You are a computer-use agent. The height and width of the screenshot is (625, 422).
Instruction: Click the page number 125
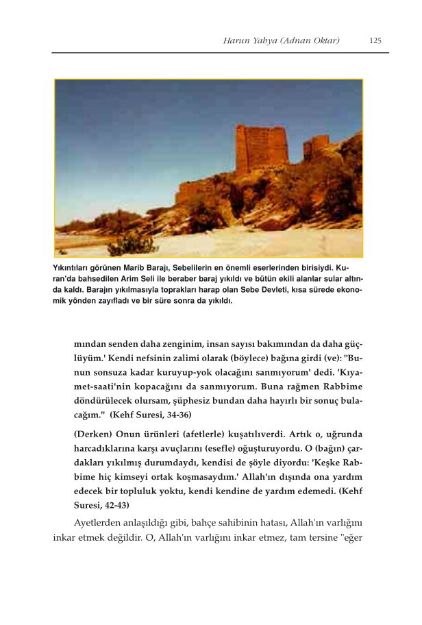pyautogui.click(x=375, y=40)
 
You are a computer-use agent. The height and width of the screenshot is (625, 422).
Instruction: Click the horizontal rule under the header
pyautogui.click(x=220, y=53)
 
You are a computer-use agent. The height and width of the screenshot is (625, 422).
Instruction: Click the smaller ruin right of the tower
pyautogui.click(x=316, y=147)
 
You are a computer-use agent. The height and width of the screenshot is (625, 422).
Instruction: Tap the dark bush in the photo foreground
pyautogui.click(x=130, y=242)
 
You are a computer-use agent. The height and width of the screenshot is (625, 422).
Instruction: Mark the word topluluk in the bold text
pyautogui.click(x=160, y=492)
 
